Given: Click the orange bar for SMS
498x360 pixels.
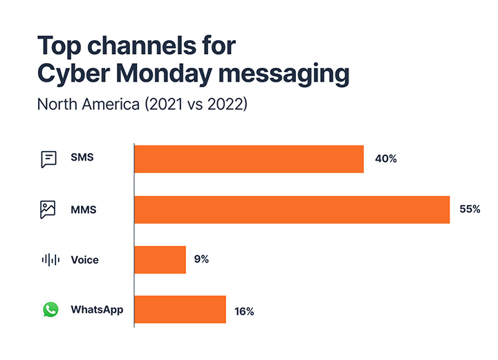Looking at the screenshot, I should [x=249, y=159].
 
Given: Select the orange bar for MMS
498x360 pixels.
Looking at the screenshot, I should [x=292, y=209].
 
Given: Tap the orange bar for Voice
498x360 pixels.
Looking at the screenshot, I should [x=160, y=260].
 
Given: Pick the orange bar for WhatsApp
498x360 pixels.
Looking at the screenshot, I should [x=180, y=309].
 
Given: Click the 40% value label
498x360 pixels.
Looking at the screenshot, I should [x=385, y=159].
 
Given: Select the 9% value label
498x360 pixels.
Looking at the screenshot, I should [x=201, y=260].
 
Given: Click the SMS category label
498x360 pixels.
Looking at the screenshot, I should [x=82, y=158].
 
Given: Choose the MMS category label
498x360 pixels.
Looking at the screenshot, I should [x=83, y=209].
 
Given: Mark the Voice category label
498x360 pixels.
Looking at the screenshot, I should [x=84, y=260].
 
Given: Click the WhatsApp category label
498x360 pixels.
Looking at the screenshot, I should [x=97, y=309].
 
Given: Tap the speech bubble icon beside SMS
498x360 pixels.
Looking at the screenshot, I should [x=48, y=159].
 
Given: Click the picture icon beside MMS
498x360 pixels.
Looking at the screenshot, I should [x=48, y=209].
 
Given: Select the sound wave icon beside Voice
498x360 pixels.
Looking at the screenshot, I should [x=50, y=260].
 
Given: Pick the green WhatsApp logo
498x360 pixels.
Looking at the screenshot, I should [x=50, y=309].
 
